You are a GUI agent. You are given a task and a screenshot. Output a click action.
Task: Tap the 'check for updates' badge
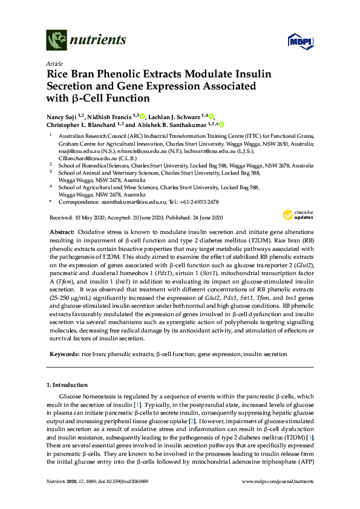pos(298,215)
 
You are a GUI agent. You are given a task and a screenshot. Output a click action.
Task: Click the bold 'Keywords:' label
pos(63,354)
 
